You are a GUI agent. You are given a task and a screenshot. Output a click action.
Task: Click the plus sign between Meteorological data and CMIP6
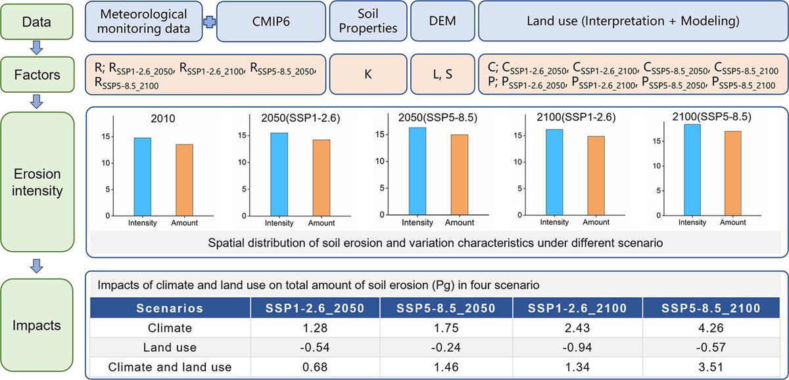point(209,22)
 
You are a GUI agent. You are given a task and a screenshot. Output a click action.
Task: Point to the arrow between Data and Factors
point(37,47)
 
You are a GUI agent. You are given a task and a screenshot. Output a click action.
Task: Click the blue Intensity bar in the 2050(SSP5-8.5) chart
point(417,172)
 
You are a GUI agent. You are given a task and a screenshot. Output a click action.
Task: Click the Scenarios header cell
point(170,307)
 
